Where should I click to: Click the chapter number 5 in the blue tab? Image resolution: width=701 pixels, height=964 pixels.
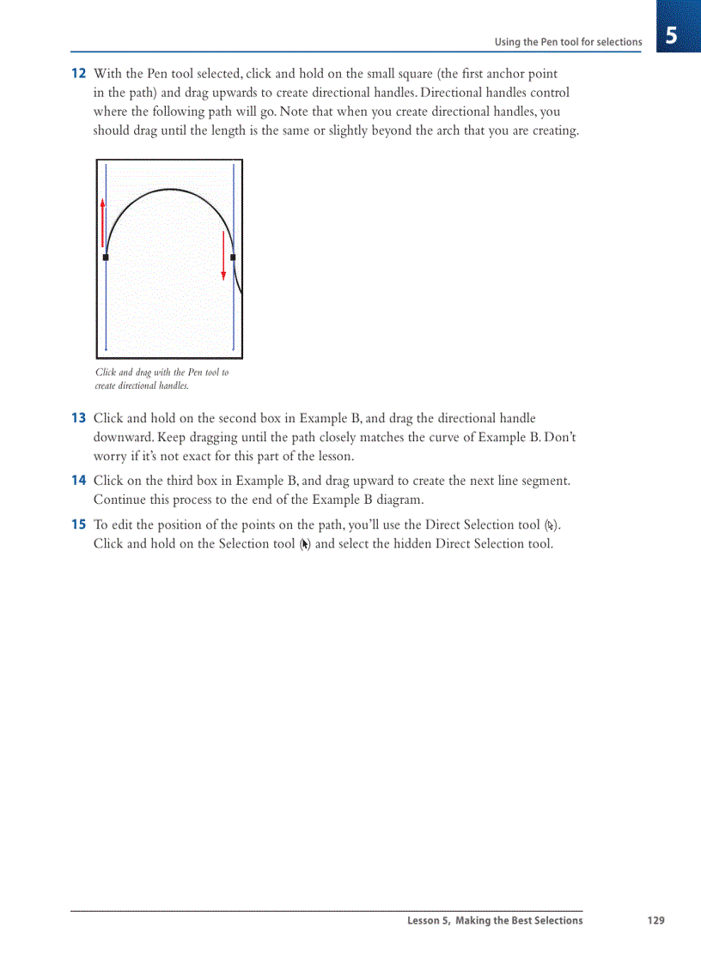(x=671, y=37)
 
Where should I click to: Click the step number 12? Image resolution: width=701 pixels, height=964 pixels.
(x=77, y=74)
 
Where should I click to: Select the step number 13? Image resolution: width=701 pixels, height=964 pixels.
(x=77, y=418)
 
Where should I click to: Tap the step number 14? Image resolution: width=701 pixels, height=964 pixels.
(x=77, y=481)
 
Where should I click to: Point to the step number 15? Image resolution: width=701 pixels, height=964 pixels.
(x=77, y=524)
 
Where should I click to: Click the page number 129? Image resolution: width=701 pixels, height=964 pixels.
(x=655, y=920)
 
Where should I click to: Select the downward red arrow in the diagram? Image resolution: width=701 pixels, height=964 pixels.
(x=223, y=255)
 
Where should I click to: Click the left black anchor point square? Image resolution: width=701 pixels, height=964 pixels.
(x=106, y=257)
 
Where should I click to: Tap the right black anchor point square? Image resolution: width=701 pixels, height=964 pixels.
(x=233, y=257)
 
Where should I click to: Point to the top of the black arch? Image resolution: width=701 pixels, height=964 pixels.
(x=170, y=190)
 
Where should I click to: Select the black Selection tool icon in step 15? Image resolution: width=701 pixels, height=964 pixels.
(x=304, y=544)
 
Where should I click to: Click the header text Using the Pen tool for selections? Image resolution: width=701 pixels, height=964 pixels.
(x=568, y=42)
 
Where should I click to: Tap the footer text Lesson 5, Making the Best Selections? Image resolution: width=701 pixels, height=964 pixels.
(x=495, y=920)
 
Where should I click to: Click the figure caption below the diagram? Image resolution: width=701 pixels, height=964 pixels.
(x=162, y=379)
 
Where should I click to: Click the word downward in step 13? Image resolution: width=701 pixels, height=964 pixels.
(x=121, y=437)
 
